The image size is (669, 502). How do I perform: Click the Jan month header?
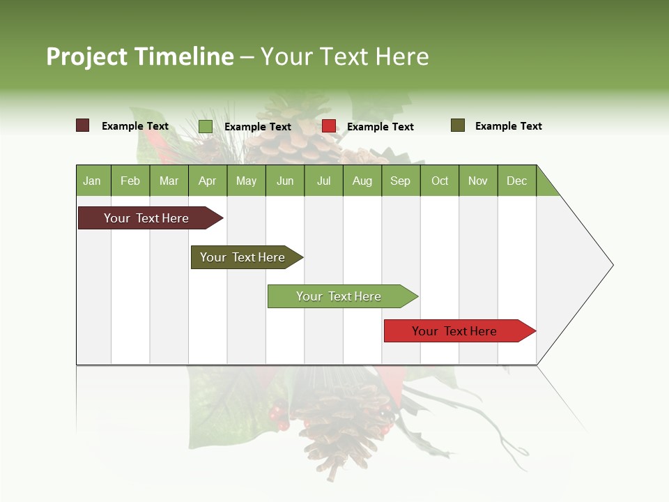coord(93,181)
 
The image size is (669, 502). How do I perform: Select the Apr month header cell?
coord(208,181)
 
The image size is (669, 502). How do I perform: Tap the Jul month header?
coord(323,181)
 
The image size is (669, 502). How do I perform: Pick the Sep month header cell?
coord(401,181)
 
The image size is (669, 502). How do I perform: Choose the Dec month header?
coord(516,181)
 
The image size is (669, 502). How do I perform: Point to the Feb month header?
coord(130,181)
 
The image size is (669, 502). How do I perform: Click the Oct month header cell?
coord(440,181)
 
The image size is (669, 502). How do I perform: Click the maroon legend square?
coord(83,125)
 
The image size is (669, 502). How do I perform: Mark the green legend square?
coord(206,126)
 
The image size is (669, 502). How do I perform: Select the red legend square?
coord(329,126)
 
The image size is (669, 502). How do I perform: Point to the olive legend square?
coord(458,125)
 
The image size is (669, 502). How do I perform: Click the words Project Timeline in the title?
coord(140,56)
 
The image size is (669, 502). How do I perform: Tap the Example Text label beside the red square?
coord(380,127)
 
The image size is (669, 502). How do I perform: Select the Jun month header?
coord(285,181)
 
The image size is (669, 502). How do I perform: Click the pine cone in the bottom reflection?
coord(341,425)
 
